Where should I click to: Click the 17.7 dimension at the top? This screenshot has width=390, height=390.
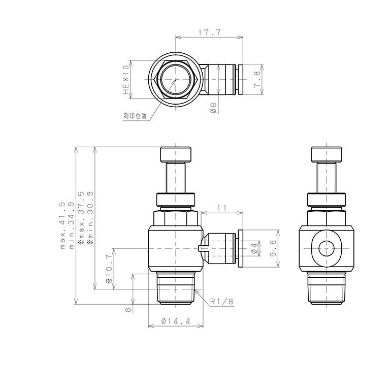coord(209,32)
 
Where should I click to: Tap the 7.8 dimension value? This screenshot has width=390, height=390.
coord(271,80)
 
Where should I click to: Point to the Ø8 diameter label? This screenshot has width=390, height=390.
coord(213,107)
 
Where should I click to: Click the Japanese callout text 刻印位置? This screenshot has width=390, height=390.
coord(135,116)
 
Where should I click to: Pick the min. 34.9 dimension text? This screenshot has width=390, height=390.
coord(71,225)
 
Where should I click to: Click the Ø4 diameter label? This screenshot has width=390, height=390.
coord(254,248)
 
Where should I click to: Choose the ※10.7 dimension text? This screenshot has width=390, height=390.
coord(109,269)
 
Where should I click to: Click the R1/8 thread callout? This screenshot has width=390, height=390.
coord(221,301)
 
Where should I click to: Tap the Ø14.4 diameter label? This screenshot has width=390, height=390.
coord(175,321)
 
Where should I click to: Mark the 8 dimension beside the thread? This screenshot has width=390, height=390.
coord(128,308)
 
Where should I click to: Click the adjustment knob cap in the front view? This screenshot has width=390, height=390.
coord(176,154)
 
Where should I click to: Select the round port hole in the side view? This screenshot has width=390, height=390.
coord(325,249)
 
